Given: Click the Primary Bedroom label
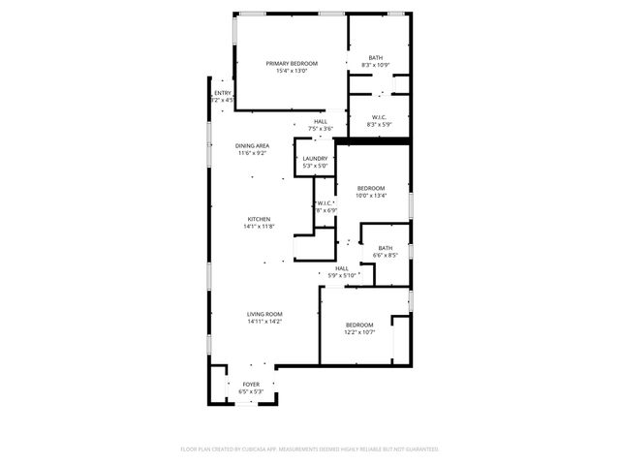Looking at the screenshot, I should coord(292,64).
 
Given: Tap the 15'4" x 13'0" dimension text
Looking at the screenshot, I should coord(292,71).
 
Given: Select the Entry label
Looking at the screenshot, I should coord(223,93).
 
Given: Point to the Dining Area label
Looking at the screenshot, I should coord(252,146).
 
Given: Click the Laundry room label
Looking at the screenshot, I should coord(315,159).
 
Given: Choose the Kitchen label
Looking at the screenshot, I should coord(258,219).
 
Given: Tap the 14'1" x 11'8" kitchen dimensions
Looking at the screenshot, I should coord(258,227).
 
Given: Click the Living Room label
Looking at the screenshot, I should coord(263,314).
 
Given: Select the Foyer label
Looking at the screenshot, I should coord(251,385).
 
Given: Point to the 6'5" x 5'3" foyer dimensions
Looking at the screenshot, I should coord(251,392).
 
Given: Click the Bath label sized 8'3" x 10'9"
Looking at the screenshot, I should coord(375,58).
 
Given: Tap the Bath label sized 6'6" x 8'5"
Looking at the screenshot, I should coord(386,248).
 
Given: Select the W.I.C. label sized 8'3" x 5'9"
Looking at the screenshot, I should coord(380,117).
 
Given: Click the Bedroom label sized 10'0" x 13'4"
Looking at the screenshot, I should coord(371,188).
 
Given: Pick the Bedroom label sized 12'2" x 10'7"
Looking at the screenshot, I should coord(359,325).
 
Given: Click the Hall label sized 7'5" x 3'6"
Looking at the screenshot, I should coord(320,122).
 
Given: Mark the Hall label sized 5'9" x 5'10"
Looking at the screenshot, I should coord(342,268).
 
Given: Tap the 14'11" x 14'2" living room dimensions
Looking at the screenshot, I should coord(263,322).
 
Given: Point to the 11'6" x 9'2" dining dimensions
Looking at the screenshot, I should coord(252,153).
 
